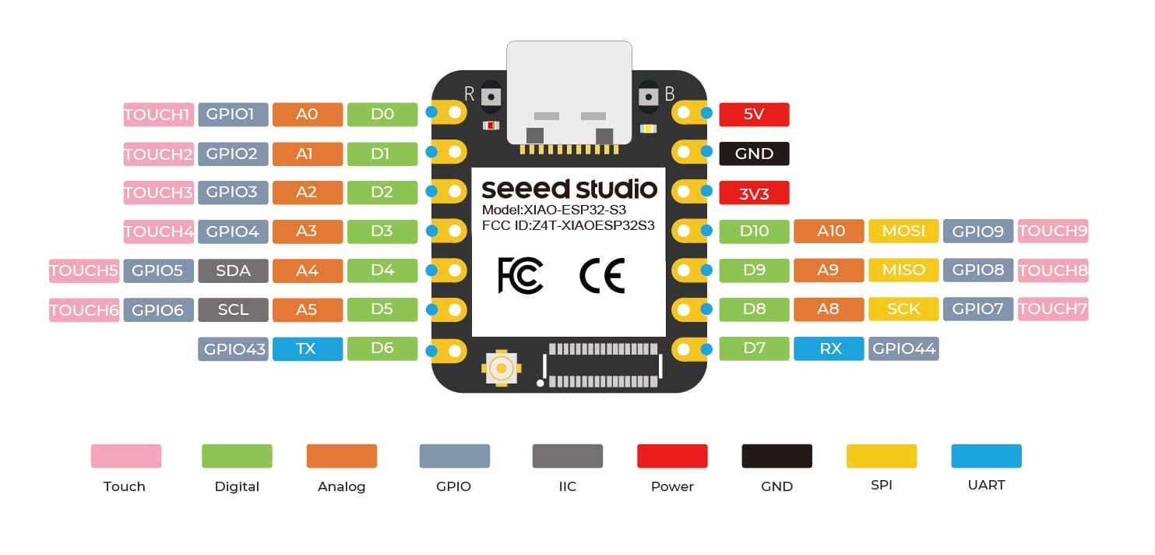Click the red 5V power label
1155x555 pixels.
(x=754, y=115)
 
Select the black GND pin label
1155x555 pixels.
(x=754, y=154)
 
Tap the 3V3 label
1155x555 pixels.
(x=754, y=193)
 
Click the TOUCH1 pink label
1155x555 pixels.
(x=157, y=115)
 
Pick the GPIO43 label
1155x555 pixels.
(x=233, y=349)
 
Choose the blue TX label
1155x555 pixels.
(x=307, y=348)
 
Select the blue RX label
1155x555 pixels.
(x=829, y=348)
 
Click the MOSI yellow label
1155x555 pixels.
(x=903, y=231)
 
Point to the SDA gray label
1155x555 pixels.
(x=233, y=270)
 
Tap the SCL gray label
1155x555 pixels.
(x=233, y=309)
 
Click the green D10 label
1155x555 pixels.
(x=754, y=231)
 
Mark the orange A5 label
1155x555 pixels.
(x=307, y=309)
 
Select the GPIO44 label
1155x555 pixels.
(x=903, y=348)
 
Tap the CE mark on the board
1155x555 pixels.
(x=602, y=276)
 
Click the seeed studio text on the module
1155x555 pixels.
(x=569, y=189)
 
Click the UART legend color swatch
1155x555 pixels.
(x=986, y=456)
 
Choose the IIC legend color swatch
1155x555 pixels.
(x=567, y=456)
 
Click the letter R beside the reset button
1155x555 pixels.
(x=469, y=94)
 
